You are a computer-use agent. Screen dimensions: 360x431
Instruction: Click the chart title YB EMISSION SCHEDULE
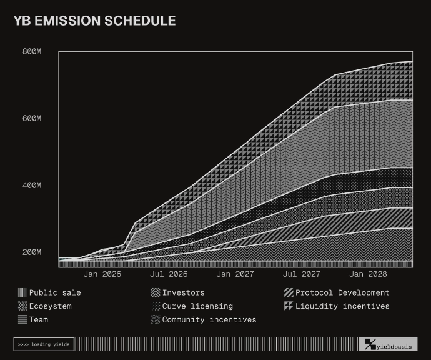94,21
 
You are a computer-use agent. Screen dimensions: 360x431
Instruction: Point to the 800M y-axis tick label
32,51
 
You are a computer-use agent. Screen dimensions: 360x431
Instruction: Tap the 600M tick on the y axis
32,118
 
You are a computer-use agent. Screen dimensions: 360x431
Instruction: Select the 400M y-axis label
32,185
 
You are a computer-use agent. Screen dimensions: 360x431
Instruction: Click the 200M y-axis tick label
32,252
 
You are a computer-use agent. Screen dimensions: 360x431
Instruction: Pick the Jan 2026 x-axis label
102,274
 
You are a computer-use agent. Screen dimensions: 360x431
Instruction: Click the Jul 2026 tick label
169,274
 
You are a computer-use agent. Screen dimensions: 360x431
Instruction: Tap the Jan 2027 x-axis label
235,274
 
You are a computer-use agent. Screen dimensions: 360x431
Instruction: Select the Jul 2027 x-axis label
301,274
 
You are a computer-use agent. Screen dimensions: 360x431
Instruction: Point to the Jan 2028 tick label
368,274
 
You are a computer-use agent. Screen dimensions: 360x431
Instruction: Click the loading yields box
44,344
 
